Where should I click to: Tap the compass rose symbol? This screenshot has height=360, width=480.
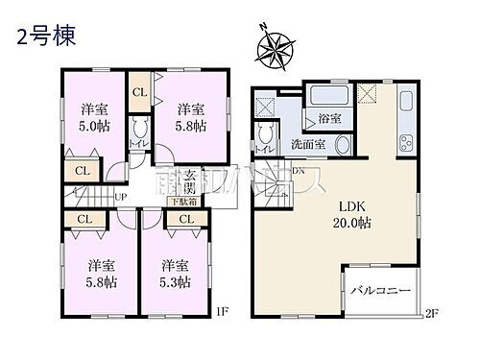coord(278,47)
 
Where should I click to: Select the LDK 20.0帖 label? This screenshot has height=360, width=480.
coord(353,214)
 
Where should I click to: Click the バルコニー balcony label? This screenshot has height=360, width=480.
coord(379,290)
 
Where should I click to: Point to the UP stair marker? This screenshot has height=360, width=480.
coord(121,198)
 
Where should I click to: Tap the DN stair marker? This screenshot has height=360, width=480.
coord(299,172)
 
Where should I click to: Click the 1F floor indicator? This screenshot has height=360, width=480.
coord(222,310)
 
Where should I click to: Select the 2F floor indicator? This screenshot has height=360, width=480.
coord(433,312)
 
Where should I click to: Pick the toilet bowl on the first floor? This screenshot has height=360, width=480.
coord(140,132)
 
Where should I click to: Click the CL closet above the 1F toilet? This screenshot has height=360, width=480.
coord(138,91)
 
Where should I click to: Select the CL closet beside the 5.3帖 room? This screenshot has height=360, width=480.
coord(185,220)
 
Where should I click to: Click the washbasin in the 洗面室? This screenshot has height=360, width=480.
coord(342,145)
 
